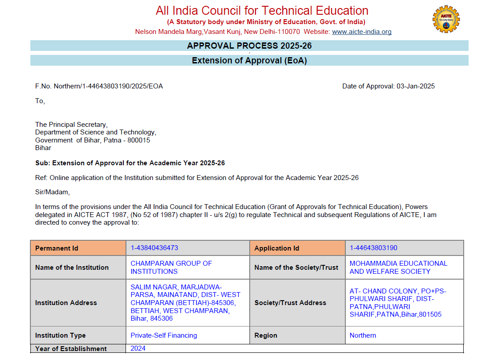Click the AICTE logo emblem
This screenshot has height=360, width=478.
click(446, 19)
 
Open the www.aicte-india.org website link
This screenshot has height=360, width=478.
click(361, 32)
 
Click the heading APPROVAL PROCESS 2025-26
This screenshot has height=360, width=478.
click(249, 46)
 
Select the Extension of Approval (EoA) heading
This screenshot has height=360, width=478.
click(249, 60)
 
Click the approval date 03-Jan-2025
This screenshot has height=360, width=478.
click(415, 86)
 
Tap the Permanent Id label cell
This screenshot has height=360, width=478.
click(78, 248)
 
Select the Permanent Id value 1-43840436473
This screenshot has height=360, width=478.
click(155, 248)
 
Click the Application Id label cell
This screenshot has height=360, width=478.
click(297, 248)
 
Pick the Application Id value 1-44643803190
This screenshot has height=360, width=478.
click(373, 248)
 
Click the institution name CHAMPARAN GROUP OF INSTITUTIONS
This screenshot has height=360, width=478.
click(171, 267)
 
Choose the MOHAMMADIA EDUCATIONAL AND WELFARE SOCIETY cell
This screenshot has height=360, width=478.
click(398, 267)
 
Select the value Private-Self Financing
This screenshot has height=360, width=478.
click(164, 335)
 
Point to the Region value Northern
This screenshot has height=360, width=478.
click(363, 335)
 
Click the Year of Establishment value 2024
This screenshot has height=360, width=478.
click(138, 348)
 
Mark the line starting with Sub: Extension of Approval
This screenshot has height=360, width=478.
click(130, 163)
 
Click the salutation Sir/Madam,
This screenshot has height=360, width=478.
click(53, 192)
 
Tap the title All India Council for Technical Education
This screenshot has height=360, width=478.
click(262, 10)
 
